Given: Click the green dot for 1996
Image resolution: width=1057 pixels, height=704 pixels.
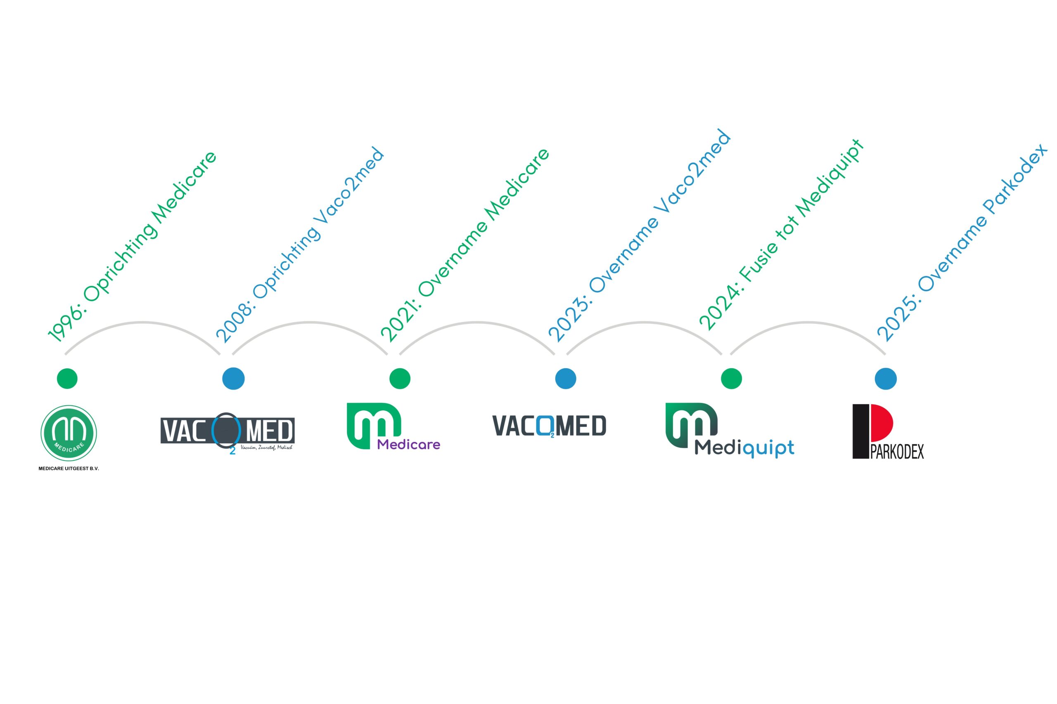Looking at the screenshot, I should [x=67, y=379].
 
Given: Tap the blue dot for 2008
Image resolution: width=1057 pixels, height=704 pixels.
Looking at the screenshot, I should [x=233, y=379].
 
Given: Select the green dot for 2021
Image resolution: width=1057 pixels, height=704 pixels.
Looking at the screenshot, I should [x=400, y=379].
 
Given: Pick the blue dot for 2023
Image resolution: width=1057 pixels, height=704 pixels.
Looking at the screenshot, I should [x=565, y=379].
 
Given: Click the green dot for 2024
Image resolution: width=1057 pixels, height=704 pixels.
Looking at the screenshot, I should [x=731, y=379].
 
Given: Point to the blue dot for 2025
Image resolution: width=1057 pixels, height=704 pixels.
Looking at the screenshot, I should [x=885, y=379].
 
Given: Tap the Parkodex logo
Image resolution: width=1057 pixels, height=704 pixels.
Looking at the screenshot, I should [x=888, y=431].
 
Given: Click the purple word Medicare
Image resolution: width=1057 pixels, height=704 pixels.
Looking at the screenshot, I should [x=408, y=445].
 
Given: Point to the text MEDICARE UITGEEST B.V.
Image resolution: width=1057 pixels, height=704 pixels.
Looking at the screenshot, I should [x=69, y=468].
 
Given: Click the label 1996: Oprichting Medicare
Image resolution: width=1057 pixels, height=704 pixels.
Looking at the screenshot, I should [x=133, y=247].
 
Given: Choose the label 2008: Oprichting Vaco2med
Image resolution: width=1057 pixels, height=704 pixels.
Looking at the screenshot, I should [x=300, y=245].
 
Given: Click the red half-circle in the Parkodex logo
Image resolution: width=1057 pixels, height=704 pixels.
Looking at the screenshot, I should [x=881, y=422].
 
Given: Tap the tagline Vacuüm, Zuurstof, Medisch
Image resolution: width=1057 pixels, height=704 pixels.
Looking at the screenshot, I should [x=266, y=447].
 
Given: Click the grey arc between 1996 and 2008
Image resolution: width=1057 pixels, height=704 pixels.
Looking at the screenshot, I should [x=142, y=323].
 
